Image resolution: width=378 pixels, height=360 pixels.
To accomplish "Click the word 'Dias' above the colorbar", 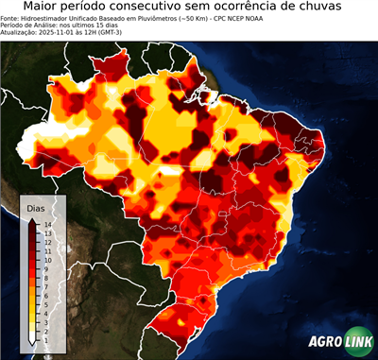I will point(37,207).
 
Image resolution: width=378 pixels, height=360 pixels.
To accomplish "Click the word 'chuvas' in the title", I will point(335,8).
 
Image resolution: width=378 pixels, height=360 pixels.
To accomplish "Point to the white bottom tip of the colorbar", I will point(33,339).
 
